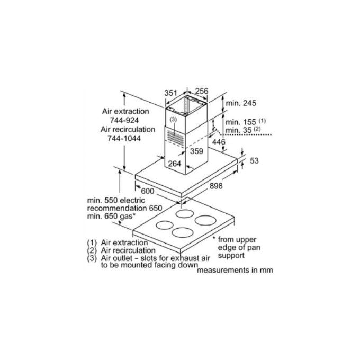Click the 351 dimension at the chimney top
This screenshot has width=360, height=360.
(x=171, y=93)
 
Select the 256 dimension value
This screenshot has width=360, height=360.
(x=202, y=91)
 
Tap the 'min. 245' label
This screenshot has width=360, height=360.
(x=241, y=103)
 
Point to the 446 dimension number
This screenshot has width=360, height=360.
(x=219, y=142)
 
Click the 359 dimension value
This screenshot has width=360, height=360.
(x=196, y=151)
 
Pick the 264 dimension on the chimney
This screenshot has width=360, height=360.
(x=175, y=164)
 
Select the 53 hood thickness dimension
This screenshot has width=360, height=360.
(x=254, y=161)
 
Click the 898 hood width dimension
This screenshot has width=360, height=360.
(x=216, y=186)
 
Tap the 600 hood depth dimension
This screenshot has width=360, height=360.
(x=147, y=191)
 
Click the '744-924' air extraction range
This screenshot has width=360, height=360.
(x=124, y=120)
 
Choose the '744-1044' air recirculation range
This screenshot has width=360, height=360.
(x=124, y=138)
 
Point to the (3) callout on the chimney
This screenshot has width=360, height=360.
(x=173, y=120)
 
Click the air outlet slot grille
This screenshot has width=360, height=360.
(x=176, y=138)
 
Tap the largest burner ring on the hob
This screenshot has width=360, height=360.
(x=205, y=220)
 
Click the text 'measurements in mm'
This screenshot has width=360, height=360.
(x=235, y=270)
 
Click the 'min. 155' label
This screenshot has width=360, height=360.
(x=240, y=122)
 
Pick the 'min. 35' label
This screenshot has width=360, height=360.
(x=239, y=130)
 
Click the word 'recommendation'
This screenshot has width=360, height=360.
(x=117, y=208)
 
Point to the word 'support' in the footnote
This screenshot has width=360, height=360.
(x=231, y=256)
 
